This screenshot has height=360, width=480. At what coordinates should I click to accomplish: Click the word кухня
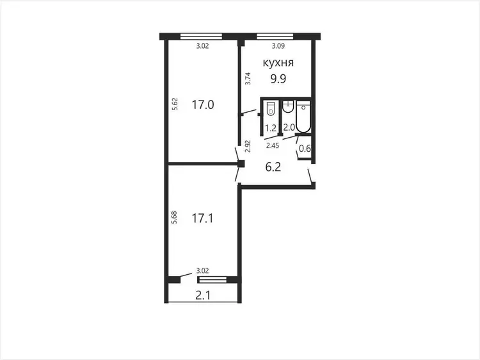[278, 63]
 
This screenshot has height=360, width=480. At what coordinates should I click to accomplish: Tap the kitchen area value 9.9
[278, 79]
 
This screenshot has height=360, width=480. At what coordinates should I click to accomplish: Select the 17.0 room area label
[203, 105]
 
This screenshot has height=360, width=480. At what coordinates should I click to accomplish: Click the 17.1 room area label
[202, 218]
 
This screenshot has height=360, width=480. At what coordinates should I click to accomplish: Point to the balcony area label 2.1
[203, 296]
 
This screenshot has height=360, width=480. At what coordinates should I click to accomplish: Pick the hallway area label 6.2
[273, 167]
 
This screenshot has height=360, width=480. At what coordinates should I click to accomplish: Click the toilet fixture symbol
[271, 108]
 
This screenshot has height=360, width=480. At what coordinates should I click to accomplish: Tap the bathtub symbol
[303, 117]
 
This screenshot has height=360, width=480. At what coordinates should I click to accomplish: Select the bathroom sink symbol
[288, 106]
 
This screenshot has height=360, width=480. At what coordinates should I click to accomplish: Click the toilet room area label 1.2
[271, 128]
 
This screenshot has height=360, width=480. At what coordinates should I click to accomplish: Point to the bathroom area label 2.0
[289, 127]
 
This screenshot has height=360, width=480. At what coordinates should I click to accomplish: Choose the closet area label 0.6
[305, 149]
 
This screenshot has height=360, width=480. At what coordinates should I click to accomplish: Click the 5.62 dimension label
[175, 104]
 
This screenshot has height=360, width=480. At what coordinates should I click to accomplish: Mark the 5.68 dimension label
[174, 218]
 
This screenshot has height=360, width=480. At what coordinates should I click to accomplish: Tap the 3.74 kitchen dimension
[248, 78]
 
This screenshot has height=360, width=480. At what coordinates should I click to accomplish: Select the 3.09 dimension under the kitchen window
[278, 46]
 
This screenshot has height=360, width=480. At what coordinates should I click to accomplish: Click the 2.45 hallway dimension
[273, 145]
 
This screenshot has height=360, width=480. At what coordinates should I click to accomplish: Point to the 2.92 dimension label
[248, 146]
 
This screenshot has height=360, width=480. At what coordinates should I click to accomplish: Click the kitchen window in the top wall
[275, 37]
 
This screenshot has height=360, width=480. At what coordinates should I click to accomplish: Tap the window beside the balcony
[212, 279]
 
